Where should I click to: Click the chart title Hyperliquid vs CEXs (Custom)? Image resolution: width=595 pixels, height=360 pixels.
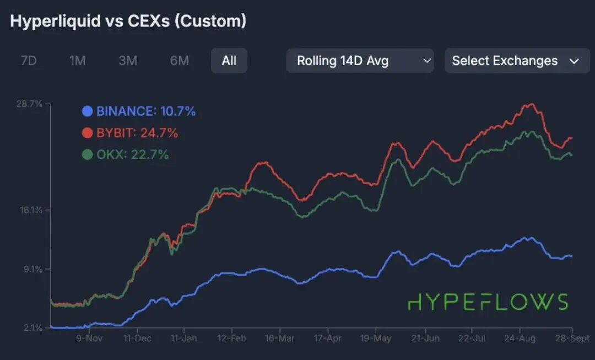[128, 22]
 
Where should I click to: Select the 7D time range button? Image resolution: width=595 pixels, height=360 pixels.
[28, 61]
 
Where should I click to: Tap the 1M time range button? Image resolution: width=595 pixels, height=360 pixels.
[77, 61]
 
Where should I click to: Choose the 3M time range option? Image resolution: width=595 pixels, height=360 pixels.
[128, 61]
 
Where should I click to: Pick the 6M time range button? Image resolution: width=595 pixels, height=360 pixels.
[179, 61]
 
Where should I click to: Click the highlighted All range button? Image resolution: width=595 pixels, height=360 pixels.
[229, 61]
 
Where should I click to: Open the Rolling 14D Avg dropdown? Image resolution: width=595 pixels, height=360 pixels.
[360, 61]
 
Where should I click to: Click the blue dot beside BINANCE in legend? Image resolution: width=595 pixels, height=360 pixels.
[87, 111]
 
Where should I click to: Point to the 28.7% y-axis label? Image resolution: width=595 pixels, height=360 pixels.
[31, 104]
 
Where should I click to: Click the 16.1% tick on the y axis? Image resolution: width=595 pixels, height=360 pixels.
[31, 210]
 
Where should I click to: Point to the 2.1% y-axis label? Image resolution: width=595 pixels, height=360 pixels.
[33, 328]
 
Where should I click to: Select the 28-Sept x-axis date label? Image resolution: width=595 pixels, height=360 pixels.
[571, 338]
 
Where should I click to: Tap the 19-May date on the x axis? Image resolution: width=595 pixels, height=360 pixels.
[375, 338]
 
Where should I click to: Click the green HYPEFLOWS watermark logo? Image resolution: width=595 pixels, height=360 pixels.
[488, 302]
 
